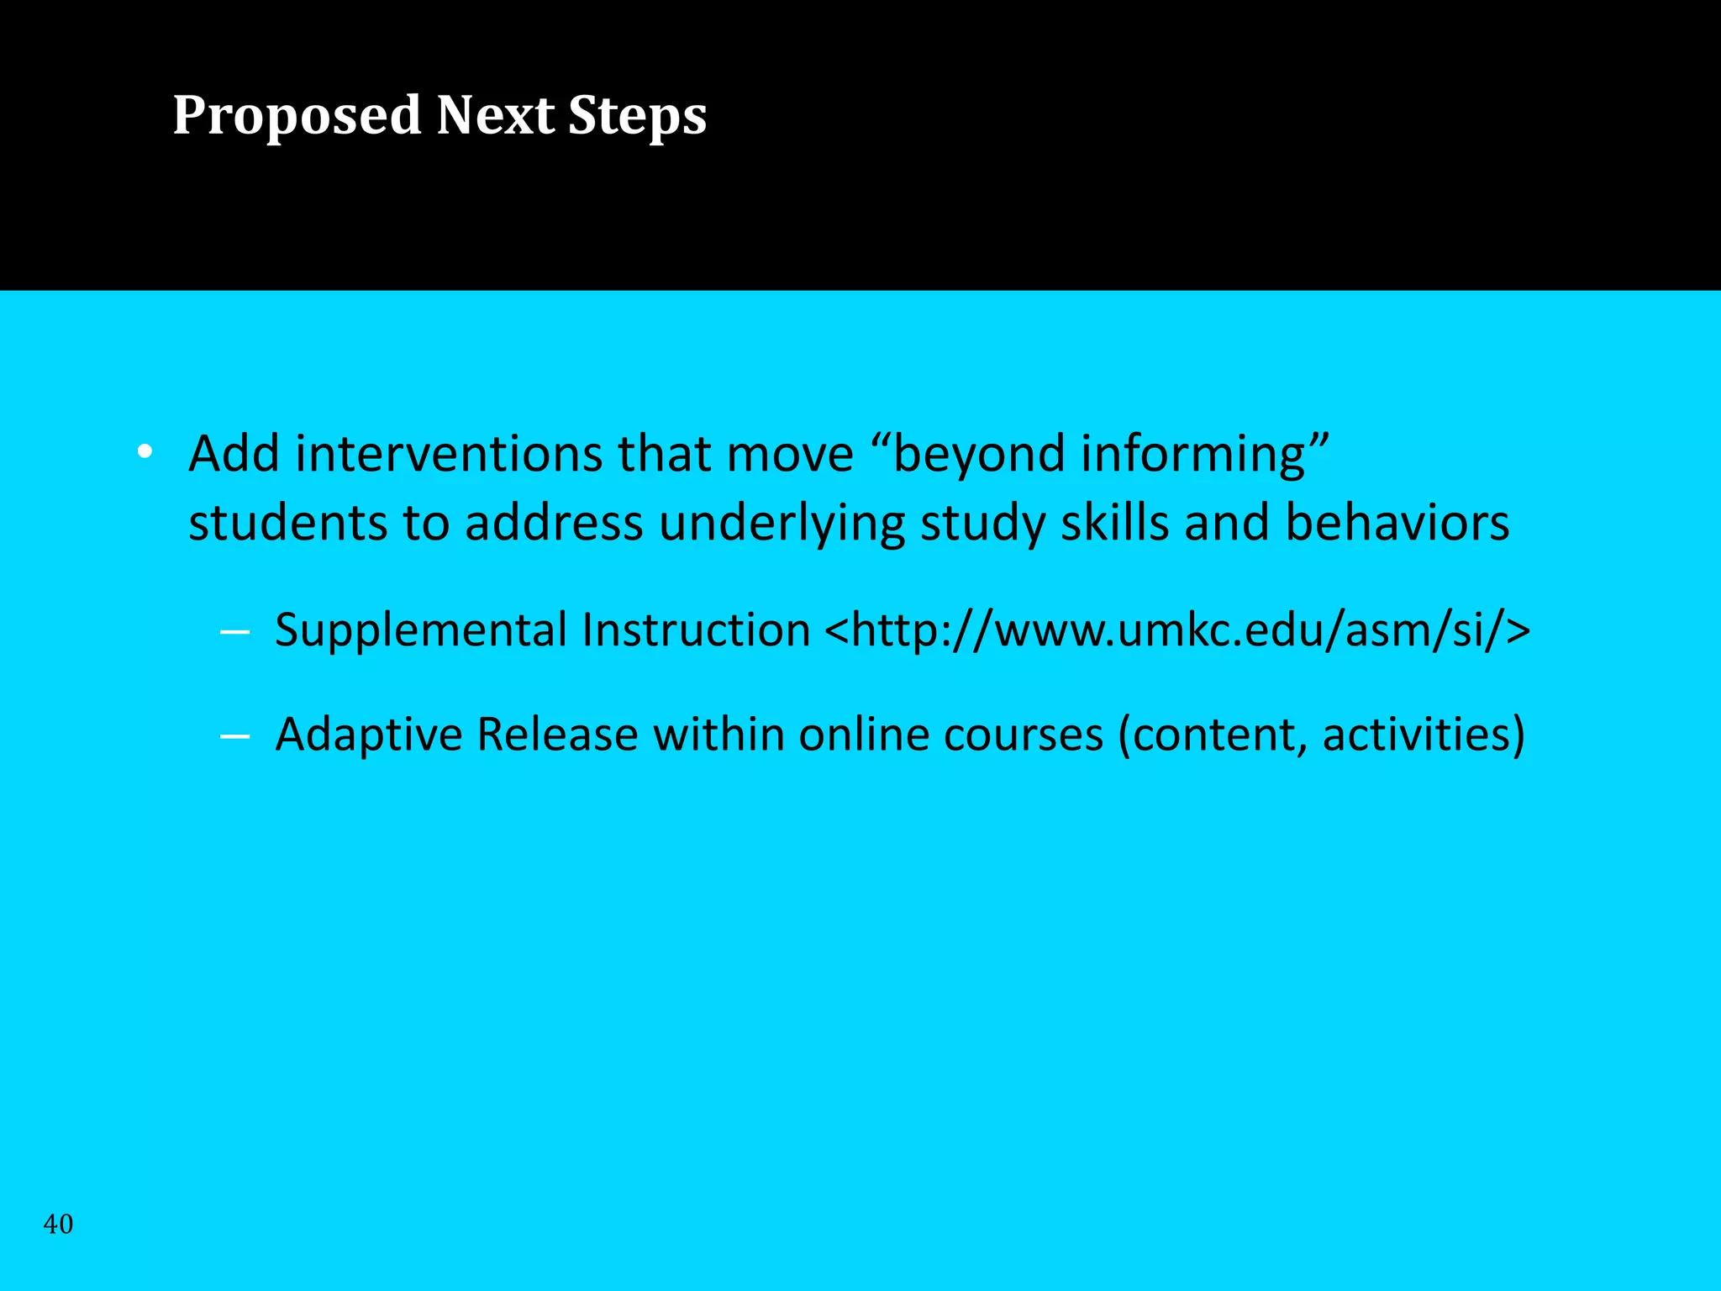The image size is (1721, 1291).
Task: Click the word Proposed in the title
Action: coord(296,115)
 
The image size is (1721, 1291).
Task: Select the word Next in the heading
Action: coord(495,115)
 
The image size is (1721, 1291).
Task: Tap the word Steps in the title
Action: coord(637,115)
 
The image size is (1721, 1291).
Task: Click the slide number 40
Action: coord(58,1224)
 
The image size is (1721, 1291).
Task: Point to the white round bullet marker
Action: coord(145,452)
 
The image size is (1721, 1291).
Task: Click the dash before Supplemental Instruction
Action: coord(234,632)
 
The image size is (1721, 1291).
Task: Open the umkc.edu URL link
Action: coord(1176,630)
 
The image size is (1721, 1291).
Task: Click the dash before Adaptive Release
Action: coord(234,737)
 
